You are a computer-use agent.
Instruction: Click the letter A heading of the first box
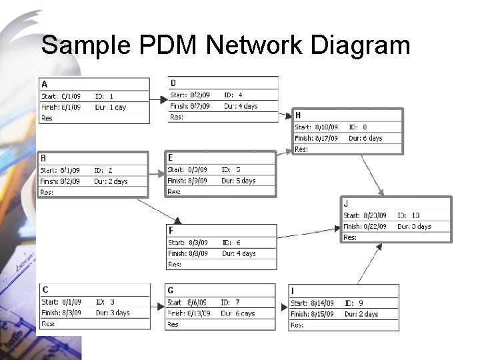[45, 84]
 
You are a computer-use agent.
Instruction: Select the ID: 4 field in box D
[233, 95]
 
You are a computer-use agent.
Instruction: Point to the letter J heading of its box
[345, 203]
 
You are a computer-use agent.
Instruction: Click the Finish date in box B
[61, 181]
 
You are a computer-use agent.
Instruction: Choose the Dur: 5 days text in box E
[239, 181]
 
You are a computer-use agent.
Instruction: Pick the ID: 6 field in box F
[230, 243]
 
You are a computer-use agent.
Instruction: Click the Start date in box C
[61, 302]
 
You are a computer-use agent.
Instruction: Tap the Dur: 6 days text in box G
[239, 313]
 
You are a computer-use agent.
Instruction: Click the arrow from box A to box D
[159, 100]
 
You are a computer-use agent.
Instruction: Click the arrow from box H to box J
[372, 175]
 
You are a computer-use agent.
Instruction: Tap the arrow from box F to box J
[309, 233]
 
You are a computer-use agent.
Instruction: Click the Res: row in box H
[302, 149]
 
